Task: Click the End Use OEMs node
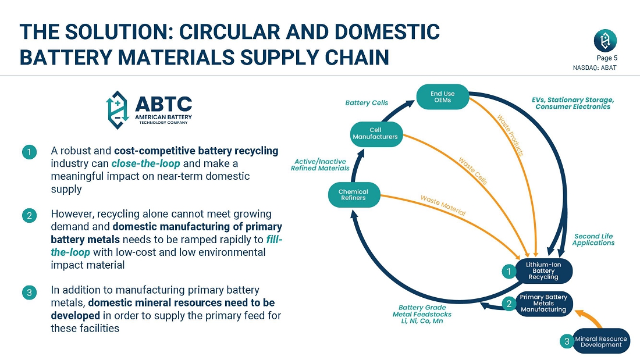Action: [x=442, y=97]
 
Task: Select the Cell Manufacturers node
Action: [x=375, y=133]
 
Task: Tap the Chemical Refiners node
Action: [x=354, y=195]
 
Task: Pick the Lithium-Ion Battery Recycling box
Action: [x=543, y=270]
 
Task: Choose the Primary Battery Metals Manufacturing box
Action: [x=543, y=303]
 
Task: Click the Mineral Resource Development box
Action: [x=601, y=341]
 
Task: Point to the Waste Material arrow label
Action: [x=443, y=205]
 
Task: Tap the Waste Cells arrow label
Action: [x=473, y=171]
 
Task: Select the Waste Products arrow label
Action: [x=510, y=135]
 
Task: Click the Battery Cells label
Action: [x=367, y=103]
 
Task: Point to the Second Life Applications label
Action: [x=593, y=240]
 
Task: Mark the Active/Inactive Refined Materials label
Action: [x=321, y=165]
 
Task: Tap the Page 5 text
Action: [x=607, y=58]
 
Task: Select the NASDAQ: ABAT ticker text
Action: [x=595, y=68]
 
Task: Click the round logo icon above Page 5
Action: [x=605, y=41]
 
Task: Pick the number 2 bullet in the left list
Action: [x=30, y=216]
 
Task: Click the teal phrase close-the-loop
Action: [x=145, y=163]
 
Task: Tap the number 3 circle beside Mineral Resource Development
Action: [x=567, y=341]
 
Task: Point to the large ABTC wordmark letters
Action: [x=163, y=105]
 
